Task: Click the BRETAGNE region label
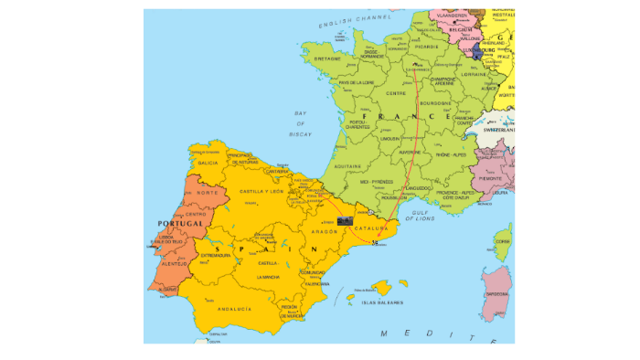click(x=327, y=59)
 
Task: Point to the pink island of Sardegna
click(x=496, y=294)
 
